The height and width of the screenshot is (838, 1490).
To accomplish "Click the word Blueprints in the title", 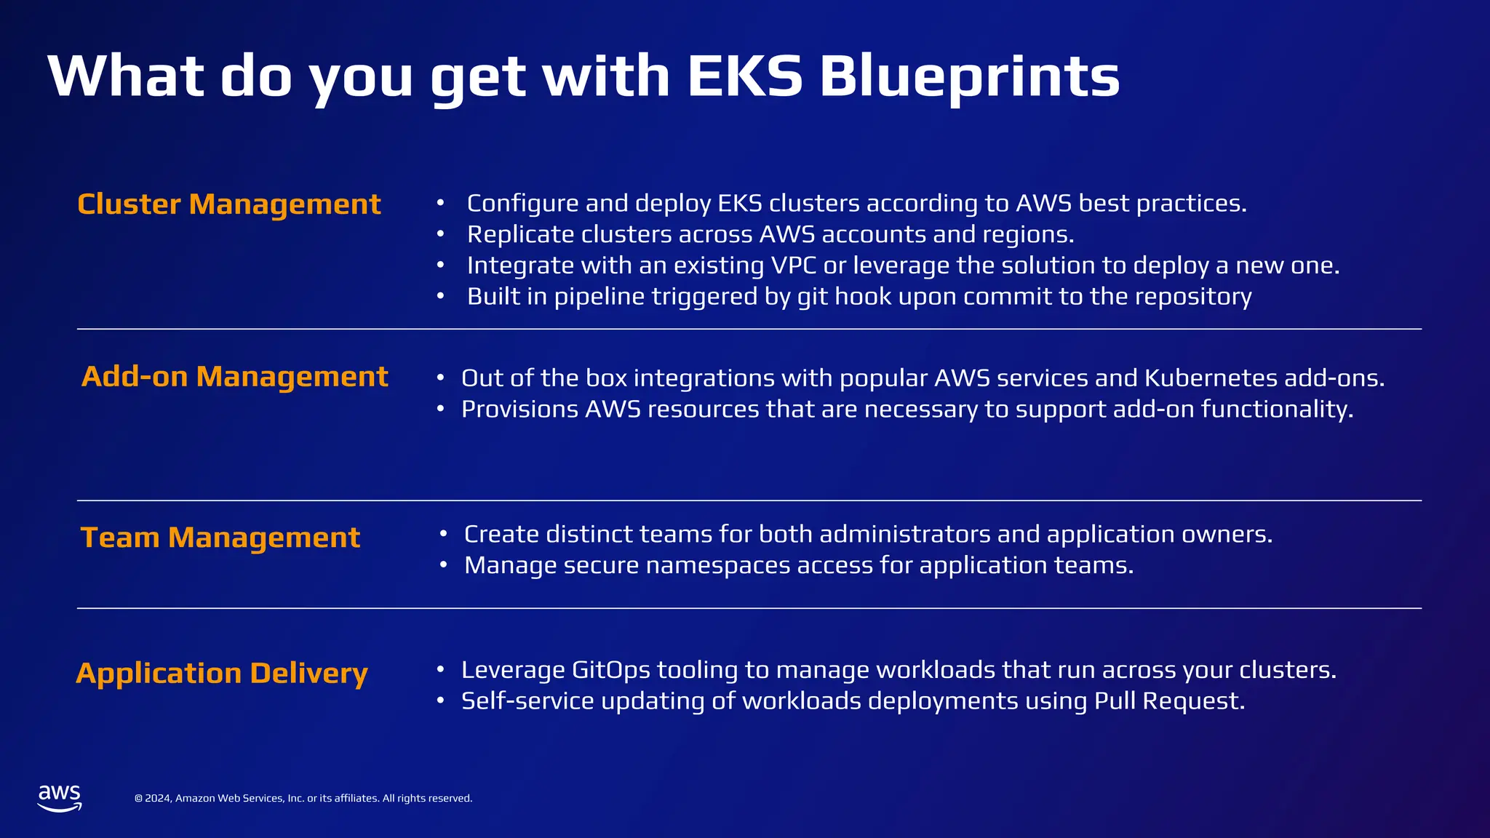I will click(x=969, y=76).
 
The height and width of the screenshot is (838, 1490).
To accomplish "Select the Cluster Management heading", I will click(x=228, y=204).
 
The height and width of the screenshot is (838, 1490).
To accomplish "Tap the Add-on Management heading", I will click(x=234, y=377).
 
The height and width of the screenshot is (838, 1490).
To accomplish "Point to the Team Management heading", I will click(x=220, y=538).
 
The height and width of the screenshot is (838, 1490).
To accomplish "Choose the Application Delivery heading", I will click(x=222, y=673).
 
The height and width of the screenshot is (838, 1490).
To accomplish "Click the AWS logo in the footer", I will click(x=60, y=798).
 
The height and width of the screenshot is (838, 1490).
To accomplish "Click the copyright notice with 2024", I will click(x=303, y=798).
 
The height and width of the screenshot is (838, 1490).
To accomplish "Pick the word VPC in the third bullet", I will click(x=794, y=266).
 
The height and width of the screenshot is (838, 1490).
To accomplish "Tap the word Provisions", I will click(x=519, y=410).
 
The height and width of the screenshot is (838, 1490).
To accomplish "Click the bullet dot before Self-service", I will click(x=440, y=701).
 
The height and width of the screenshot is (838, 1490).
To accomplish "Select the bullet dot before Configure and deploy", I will click(x=440, y=204).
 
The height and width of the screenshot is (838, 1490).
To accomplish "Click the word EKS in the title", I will click(x=744, y=76).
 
